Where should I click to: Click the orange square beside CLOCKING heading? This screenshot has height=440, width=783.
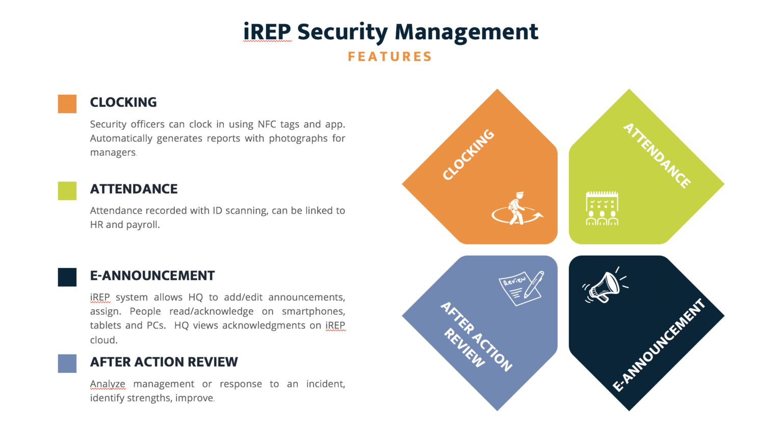(x=67, y=104)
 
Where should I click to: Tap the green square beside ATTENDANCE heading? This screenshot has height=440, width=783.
(x=67, y=190)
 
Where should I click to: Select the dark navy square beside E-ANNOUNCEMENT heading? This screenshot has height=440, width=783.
(x=67, y=277)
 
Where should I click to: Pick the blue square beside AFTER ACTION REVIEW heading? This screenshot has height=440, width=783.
(x=67, y=364)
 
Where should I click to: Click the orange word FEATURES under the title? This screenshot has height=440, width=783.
(x=390, y=57)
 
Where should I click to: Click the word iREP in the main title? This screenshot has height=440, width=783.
(x=267, y=32)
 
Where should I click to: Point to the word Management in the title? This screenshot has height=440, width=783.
(x=466, y=32)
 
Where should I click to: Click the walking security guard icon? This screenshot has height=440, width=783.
(x=517, y=209)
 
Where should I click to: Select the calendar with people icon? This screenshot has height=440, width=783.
(x=602, y=208)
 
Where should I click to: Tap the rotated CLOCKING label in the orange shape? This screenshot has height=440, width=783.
(x=468, y=155)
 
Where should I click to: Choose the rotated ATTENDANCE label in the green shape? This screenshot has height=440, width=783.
(x=657, y=155)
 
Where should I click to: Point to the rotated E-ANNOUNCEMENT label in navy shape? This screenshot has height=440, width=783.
(x=659, y=345)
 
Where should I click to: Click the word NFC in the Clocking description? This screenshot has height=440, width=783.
(x=267, y=124)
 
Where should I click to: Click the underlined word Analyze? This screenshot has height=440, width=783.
(x=108, y=384)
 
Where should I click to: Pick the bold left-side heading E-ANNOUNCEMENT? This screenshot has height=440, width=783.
(x=152, y=276)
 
